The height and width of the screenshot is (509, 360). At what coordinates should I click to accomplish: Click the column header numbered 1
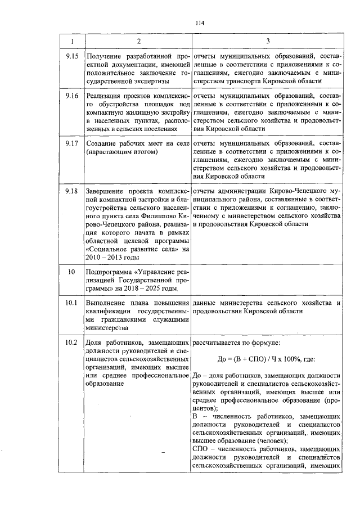click(71, 41)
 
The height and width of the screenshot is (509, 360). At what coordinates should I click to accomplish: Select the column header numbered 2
click(138, 41)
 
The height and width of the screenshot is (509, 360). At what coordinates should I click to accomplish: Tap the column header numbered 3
click(267, 41)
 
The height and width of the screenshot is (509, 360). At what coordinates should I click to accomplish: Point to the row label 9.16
click(71, 96)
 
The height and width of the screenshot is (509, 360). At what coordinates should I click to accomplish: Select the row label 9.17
click(71, 144)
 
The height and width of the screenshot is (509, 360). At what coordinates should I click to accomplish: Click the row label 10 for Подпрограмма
click(71, 272)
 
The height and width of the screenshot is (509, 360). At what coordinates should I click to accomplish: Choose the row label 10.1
click(71, 303)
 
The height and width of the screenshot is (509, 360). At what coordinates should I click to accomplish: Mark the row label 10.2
click(71, 343)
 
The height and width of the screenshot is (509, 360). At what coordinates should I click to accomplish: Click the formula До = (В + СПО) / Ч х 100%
click(267, 359)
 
